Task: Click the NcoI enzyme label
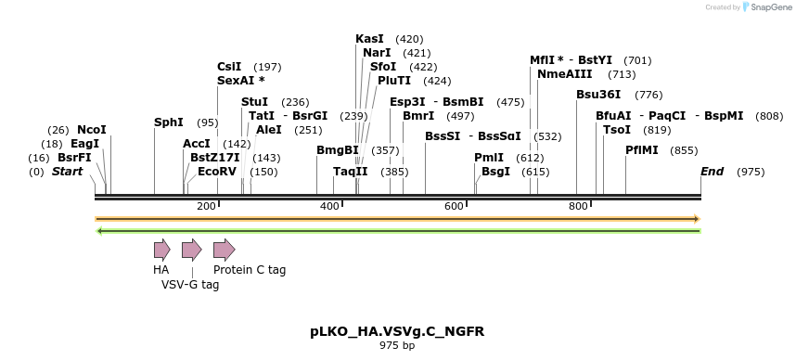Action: click(92, 130)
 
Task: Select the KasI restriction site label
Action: click(369, 39)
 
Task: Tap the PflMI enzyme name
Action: click(641, 150)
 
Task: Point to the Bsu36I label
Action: click(598, 95)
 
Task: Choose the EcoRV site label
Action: click(217, 172)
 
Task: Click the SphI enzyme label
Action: click(169, 122)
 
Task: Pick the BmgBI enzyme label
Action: click(338, 150)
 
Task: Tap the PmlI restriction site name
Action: click(489, 158)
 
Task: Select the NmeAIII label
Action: click(561, 74)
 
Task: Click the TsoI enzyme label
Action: click(617, 130)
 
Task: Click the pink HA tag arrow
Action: click(161, 250)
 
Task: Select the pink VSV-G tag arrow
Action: click(191, 250)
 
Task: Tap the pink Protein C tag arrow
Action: click(224, 250)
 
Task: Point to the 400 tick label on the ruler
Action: click(330, 206)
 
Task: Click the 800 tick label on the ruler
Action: click(578, 206)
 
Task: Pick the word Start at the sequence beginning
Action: click(67, 172)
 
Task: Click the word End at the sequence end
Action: click(712, 172)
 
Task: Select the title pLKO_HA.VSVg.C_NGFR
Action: click(397, 331)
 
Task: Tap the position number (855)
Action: click(684, 150)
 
